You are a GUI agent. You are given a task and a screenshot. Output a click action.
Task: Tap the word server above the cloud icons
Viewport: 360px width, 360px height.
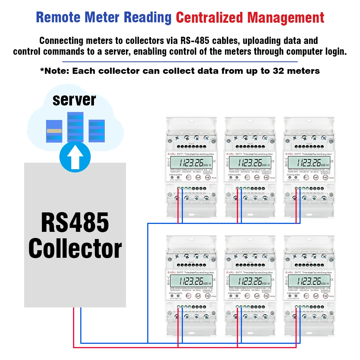(x=74, y=100)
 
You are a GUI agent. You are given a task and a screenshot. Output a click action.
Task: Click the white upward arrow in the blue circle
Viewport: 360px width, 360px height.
(x=75, y=158)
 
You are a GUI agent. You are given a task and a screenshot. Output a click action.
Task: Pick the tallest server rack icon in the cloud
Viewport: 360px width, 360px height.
(x=75, y=127)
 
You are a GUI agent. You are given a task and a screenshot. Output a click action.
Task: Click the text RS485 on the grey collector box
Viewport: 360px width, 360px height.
(x=75, y=222)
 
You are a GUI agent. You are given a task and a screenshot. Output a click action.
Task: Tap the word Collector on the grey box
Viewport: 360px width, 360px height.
(x=75, y=248)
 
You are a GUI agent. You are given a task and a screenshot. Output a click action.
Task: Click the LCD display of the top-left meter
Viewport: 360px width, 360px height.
(x=189, y=162)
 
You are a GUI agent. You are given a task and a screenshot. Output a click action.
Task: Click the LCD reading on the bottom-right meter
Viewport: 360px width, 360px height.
(x=308, y=281)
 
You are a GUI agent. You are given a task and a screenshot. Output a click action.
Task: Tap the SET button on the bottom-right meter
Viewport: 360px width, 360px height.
(x=306, y=296)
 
